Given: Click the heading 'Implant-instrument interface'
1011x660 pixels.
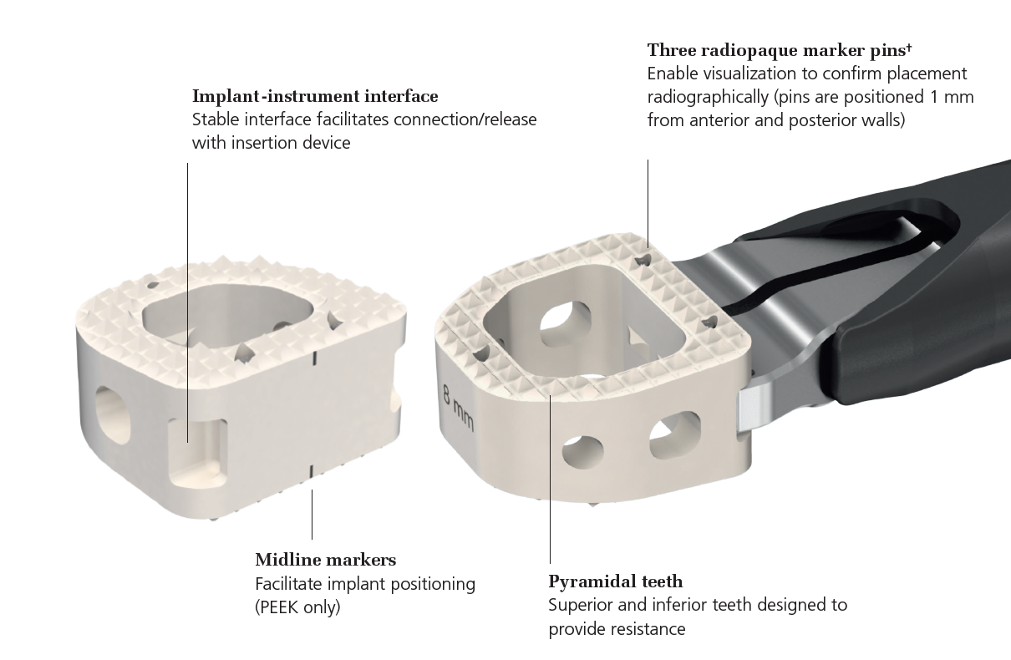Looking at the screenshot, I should [x=315, y=96].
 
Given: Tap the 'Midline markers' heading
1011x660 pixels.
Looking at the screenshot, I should [x=325, y=559].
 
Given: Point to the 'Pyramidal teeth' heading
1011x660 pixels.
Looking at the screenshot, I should [x=615, y=581].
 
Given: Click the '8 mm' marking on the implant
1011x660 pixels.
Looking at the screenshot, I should [x=458, y=407].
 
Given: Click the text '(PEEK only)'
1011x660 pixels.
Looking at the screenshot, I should [x=297, y=607].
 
